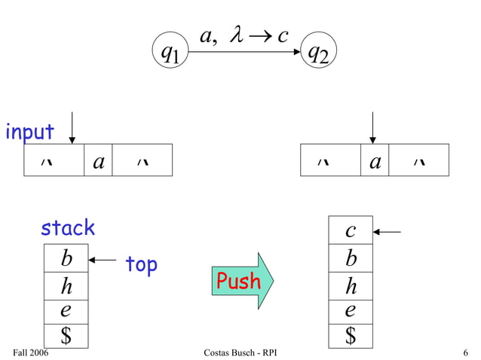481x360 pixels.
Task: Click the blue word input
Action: click(x=29, y=132)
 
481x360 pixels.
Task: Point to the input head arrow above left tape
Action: click(x=72, y=127)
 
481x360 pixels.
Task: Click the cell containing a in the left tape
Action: click(x=98, y=160)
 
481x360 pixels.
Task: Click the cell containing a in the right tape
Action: click(x=375, y=160)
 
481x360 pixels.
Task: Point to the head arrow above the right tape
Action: click(x=372, y=127)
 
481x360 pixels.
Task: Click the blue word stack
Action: click(x=68, y=227)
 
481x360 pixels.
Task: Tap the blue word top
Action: click(x=141, y=264)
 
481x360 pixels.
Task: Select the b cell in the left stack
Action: click(x=66, y=259)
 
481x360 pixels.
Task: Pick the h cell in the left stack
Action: click(x=66, y=287)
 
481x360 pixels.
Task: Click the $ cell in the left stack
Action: click(x=66, y=336)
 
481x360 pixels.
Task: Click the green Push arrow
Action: click(x=241, y=281)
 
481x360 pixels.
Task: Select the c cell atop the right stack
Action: click(x=351, y=230)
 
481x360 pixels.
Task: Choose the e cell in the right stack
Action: click(x=351, y=311)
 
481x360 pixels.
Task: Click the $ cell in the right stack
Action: click(x=351, y=336)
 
